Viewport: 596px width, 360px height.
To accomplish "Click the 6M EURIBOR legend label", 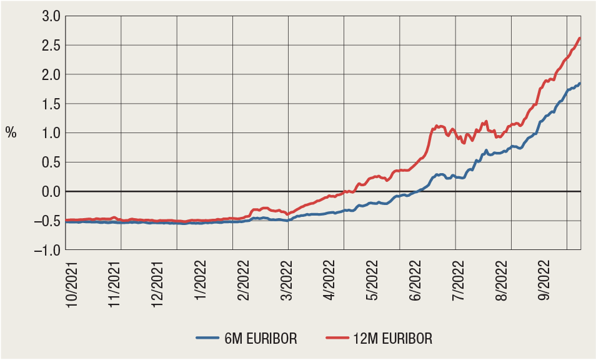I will pyautogui.click(x=262, y=339).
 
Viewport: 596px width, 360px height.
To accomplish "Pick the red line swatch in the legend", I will pyautogui.click(x=338, y=339).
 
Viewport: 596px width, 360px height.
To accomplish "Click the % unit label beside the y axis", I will pyautogui.click(x=11, y=132).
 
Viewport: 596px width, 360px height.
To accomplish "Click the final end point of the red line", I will pyautogui.click(x=580, y=38).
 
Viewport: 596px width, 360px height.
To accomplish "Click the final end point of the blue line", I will pyautogui.click(x=580, y=83).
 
